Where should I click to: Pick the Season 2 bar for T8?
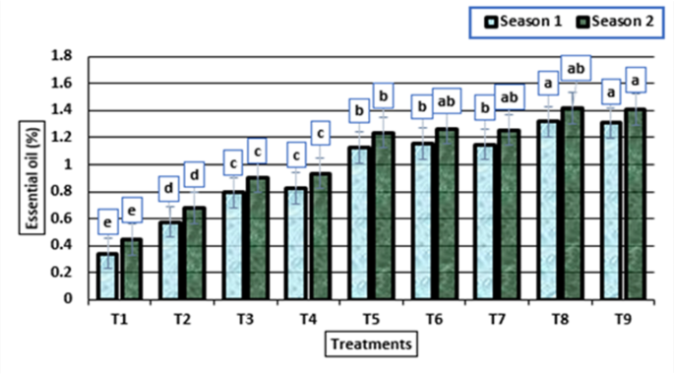pos(573,203)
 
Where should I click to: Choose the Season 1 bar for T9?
pos(611,211)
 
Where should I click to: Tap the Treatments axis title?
pos(371,343)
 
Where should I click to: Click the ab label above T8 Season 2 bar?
pos(576,68)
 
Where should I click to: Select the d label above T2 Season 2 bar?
pos(194,175)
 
